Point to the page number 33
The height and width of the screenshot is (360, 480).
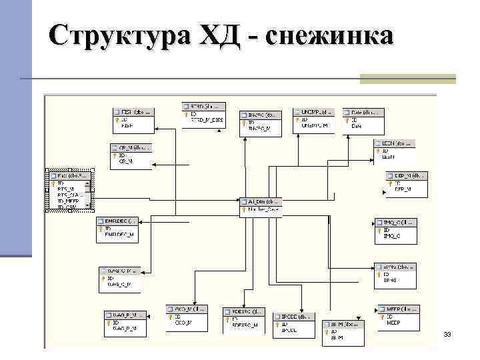tap(447, 333)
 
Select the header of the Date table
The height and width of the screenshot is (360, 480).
tap(364, 112)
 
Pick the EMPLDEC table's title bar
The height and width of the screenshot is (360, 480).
tap(118, 220)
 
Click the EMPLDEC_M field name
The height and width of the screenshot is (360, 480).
tap(119, 235)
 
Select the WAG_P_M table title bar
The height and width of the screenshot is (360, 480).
tap(125, 314)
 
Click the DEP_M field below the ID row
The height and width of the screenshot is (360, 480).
tap(403, 189)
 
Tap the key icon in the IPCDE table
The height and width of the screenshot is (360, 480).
tap(277, 324)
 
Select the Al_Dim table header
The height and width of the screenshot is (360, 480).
tap(261, 201)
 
